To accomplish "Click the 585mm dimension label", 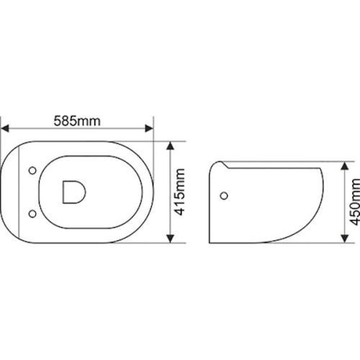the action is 77,121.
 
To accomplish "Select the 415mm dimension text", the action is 179,192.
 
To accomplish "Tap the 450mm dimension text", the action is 354,202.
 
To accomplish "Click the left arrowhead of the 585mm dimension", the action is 5,128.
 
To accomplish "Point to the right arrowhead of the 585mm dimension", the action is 149,128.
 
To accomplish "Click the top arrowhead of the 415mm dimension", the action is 170,145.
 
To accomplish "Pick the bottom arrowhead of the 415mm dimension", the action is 170,238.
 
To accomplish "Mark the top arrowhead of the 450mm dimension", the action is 345,166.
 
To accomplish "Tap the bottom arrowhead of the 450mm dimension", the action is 345,238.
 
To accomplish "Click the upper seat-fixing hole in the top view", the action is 32,171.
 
